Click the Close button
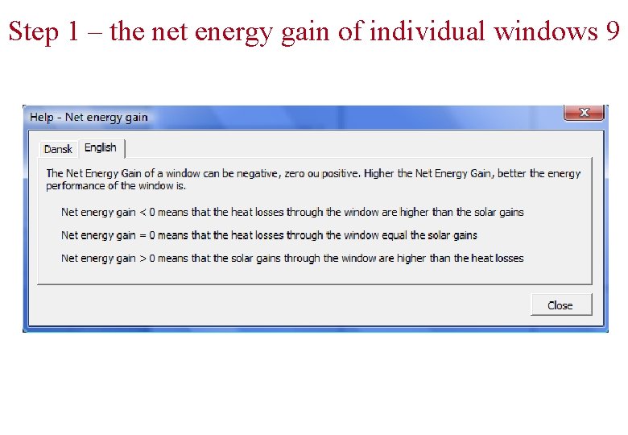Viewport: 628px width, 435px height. (560, 305)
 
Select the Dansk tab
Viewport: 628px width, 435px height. (58, 149)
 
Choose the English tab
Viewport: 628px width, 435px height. (101, 147)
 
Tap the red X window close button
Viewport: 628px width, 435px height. (584, 113)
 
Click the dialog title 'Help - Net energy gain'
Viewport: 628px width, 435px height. (89, 118)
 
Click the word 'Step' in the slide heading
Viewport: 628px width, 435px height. (33, 31)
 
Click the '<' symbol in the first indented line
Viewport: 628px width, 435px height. (142, 213)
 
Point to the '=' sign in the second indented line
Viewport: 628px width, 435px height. (142, 235)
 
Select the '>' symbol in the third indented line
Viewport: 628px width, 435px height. (142, 259)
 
